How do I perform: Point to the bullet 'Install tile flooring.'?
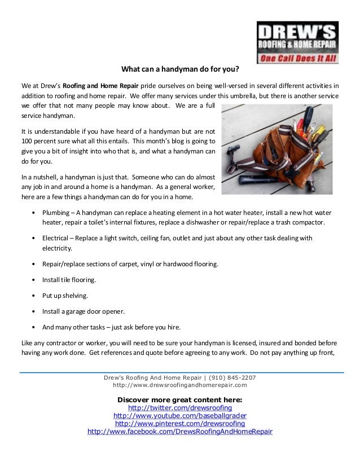coord(69,280)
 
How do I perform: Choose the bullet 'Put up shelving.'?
coord(65,296)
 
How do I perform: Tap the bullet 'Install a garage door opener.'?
coord(83,311)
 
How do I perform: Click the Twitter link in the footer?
coord(180,408)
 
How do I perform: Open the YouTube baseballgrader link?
coord(180,416)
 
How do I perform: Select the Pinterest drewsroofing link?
coord(180,424)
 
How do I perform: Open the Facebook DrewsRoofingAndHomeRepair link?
coord(180,432)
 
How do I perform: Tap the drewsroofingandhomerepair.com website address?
coord(180,385)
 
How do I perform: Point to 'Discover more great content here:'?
coord(179,399)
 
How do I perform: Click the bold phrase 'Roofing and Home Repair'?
coord(100,86)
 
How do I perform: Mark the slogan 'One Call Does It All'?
coord(297,58)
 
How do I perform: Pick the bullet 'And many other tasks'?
coord(111,327)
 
